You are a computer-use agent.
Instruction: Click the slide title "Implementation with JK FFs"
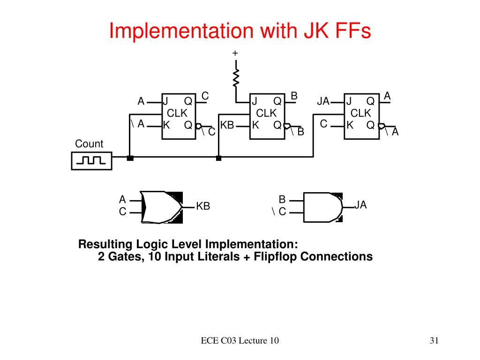(240, 31)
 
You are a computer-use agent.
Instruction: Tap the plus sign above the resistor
(235, 53)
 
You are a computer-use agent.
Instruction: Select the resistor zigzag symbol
(236, 78)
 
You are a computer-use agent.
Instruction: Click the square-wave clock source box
(92, 161)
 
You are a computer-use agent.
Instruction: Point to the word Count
(89, 144)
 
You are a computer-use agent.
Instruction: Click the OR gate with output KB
(161, 207)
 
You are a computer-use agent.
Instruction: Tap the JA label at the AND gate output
(360, 205)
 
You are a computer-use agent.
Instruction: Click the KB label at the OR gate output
(203, 206)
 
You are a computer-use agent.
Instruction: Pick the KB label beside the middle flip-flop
(227, 125)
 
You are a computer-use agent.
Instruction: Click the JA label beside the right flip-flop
(323, 101)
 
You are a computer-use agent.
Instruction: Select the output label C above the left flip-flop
(205, 96)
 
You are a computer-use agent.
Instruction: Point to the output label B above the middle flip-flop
(294, 96)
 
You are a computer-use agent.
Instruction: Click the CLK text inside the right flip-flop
(360, 113)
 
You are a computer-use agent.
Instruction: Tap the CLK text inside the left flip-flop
(177, 113)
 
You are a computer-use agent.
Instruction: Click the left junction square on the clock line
(130, 158)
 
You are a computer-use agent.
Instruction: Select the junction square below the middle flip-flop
(218, 158)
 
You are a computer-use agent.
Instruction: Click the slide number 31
(434, 341)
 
